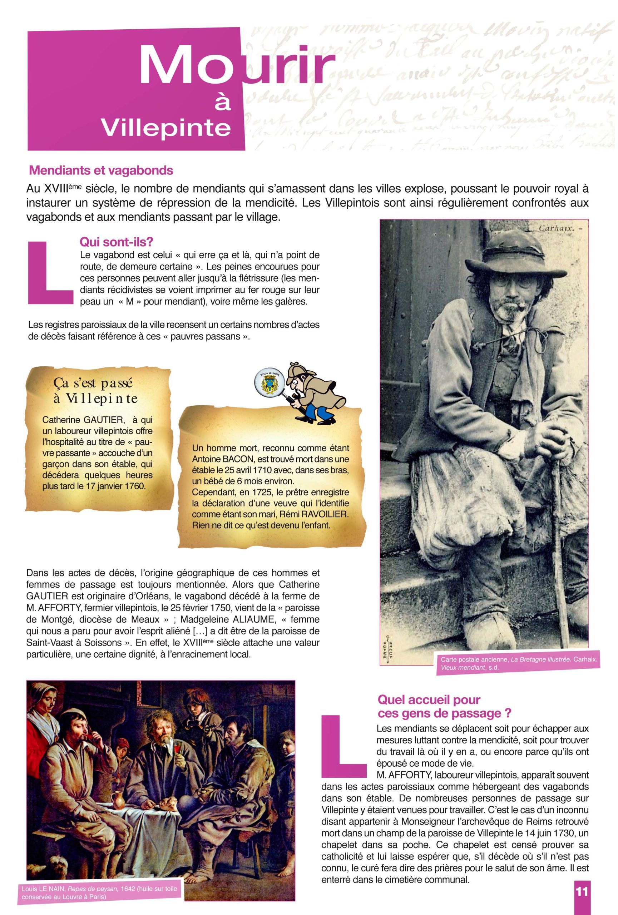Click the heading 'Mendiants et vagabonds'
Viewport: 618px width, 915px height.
[x=101, y=170]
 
